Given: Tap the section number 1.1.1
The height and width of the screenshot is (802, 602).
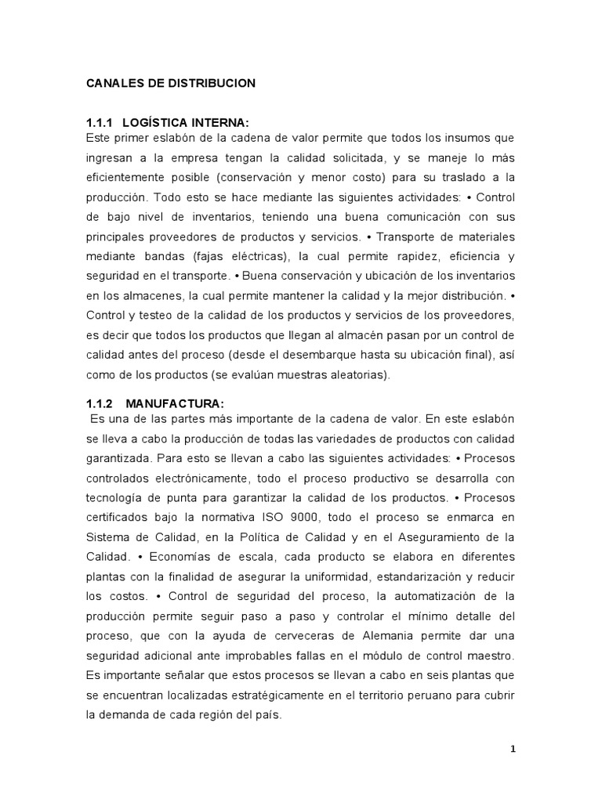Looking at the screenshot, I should tap(100, 123).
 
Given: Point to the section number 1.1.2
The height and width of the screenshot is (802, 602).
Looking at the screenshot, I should tap(100, 403).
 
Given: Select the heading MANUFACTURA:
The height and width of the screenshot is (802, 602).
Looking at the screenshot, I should tap(175, 403).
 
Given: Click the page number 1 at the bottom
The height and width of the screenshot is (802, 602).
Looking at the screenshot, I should tap(513, 749).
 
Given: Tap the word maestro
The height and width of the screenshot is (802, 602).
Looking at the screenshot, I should tap(495, 654).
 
